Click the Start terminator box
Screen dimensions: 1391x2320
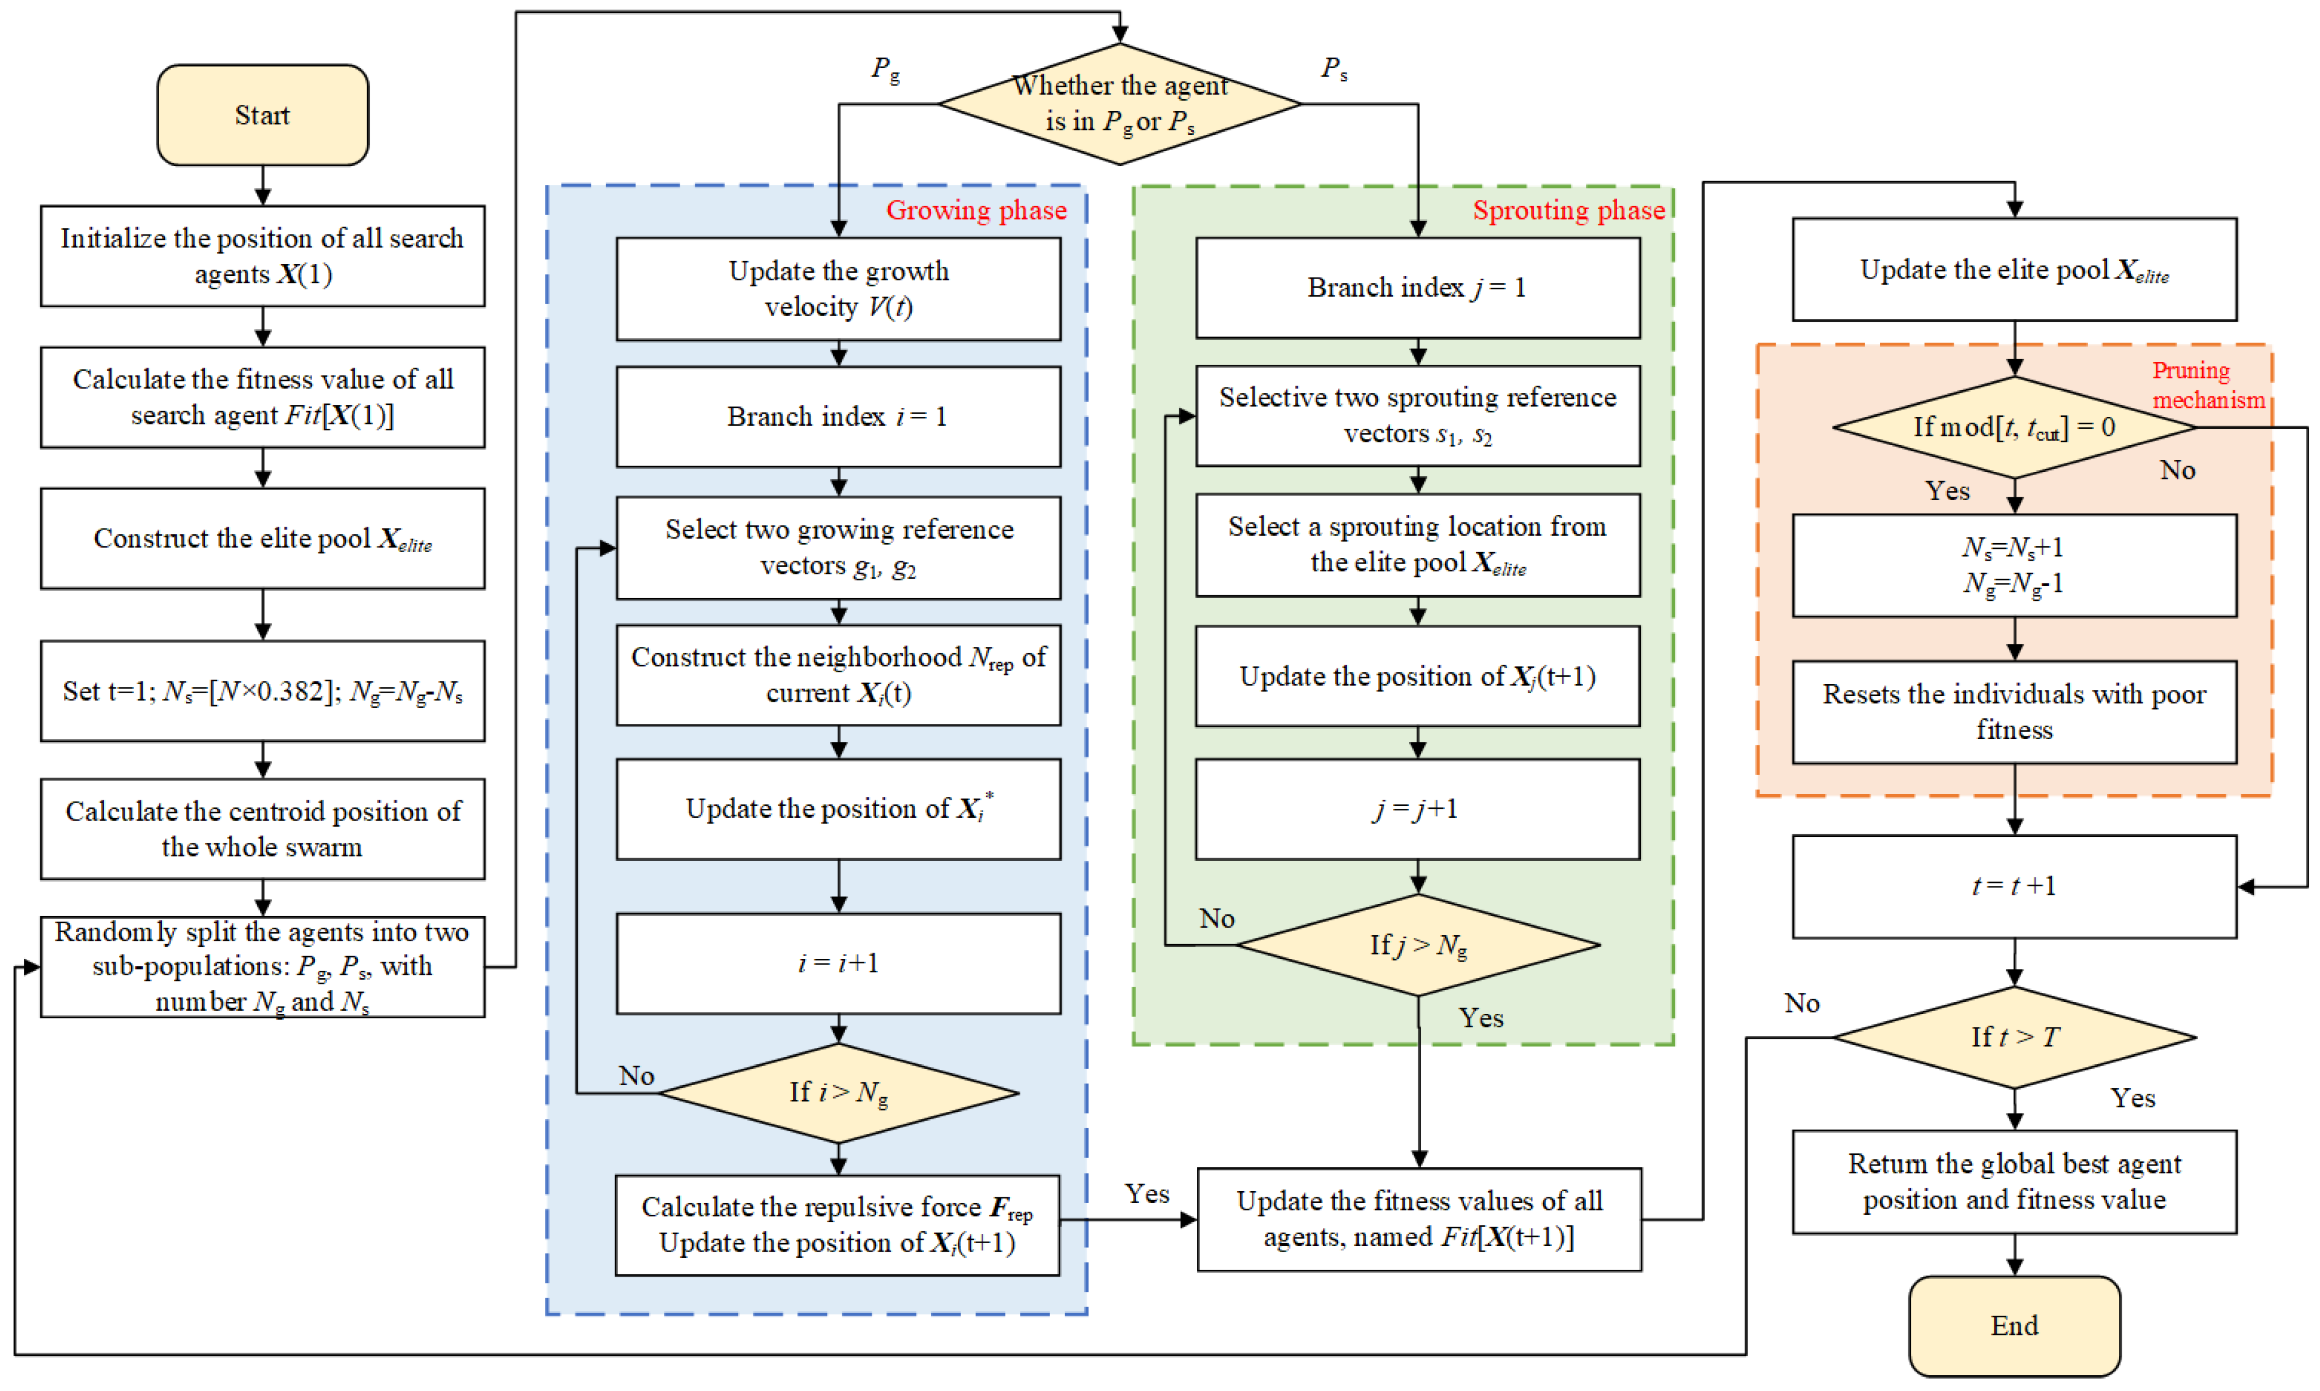262,116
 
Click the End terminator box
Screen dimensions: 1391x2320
2014,1325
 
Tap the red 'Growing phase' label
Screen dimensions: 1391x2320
976,210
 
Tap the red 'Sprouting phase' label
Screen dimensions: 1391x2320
1568,210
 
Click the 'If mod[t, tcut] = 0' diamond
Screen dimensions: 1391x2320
2014,428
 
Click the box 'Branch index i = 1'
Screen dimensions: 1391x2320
838,416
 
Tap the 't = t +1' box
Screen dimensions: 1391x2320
2014,886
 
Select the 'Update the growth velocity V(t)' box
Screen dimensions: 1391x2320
838,289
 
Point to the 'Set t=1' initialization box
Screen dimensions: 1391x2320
262,691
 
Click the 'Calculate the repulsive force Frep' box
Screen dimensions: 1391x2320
837,1224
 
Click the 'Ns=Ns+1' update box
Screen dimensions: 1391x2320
2014,565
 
